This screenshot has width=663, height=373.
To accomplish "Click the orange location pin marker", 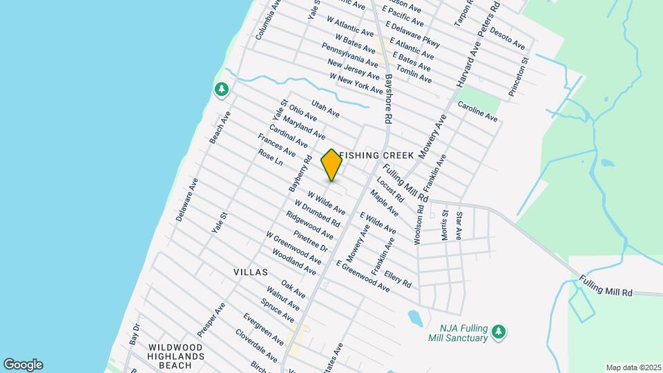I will point(331,165).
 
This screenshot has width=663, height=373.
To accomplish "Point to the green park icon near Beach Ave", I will point(221,90).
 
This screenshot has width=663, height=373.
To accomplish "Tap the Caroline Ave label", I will point(477,112).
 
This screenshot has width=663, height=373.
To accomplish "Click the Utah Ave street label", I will point(325,108).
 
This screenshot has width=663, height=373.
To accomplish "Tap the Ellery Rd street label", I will point(398,279).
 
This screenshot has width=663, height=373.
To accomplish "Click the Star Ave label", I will point(459,226).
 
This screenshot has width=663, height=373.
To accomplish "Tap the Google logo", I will point(23,364).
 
